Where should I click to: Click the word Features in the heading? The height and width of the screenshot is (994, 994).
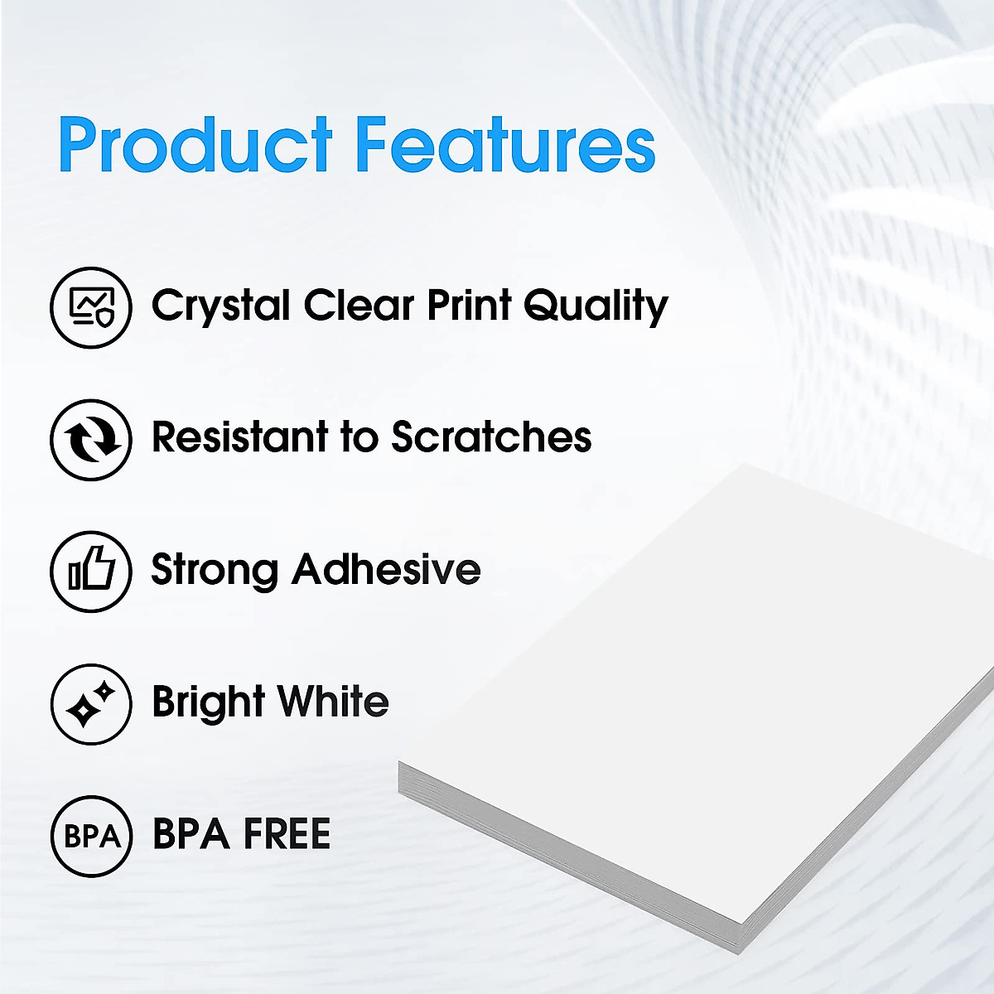(505, 146)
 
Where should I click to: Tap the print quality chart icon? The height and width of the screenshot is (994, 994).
(91, 307)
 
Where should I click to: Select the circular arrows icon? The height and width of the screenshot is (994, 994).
(91, 440)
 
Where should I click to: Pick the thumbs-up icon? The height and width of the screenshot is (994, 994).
(91, 572)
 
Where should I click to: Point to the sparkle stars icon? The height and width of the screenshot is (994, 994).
(91, 704)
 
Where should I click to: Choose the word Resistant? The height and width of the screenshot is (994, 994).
(239, 437)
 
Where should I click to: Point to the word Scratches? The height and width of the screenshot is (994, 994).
(491, 437)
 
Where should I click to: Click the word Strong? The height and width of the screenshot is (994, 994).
(214, 571)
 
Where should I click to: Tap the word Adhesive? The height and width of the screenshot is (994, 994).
(386, 569)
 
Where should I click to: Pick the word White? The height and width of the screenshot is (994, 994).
(333, 702)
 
